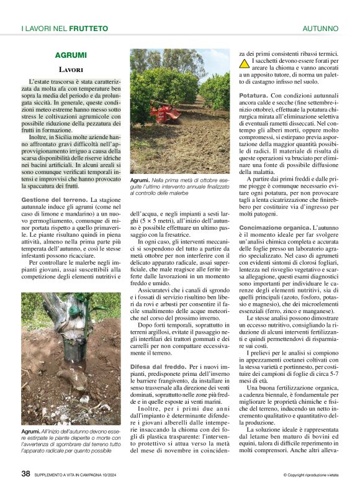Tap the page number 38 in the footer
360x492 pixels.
click(x=25, y=473)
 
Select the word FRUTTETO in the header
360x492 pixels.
click(x=88, y=29)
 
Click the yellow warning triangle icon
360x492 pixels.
click(x=245, y=63)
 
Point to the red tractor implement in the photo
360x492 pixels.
click(x=163, y=113)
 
